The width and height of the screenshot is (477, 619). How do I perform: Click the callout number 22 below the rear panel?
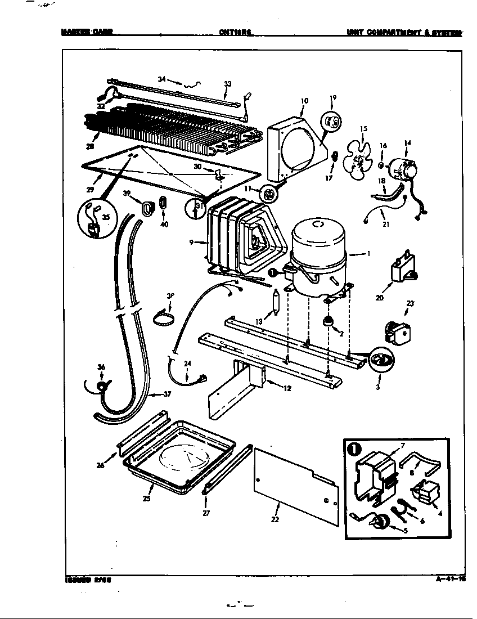[275, 519]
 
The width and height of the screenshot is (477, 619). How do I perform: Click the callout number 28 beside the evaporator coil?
[89, 147]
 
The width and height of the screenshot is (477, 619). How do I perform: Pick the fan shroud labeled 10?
[295, 146]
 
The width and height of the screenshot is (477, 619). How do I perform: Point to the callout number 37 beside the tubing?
[166, 394]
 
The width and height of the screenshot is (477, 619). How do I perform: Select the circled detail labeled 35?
[94, 221]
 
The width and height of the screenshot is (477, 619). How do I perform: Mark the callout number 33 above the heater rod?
[227, 84]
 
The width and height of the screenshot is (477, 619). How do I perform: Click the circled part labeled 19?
[331, 122]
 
